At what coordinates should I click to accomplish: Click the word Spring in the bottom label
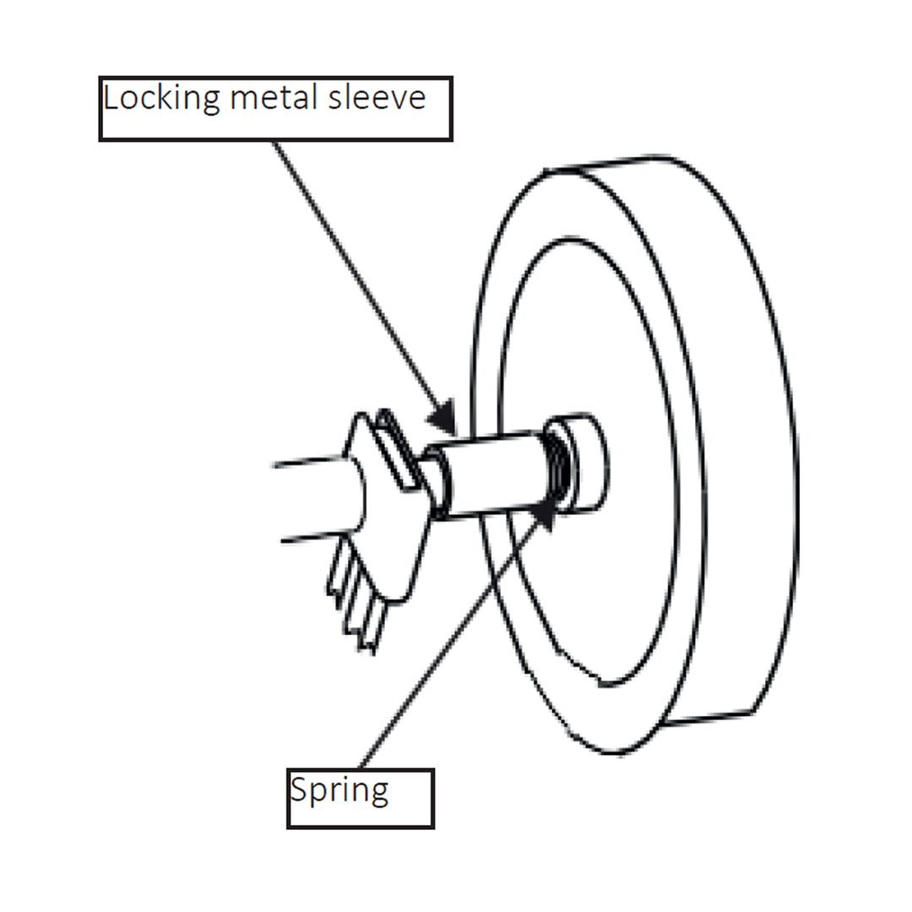[339, 792]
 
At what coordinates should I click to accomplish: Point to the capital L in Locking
[111, 98]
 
